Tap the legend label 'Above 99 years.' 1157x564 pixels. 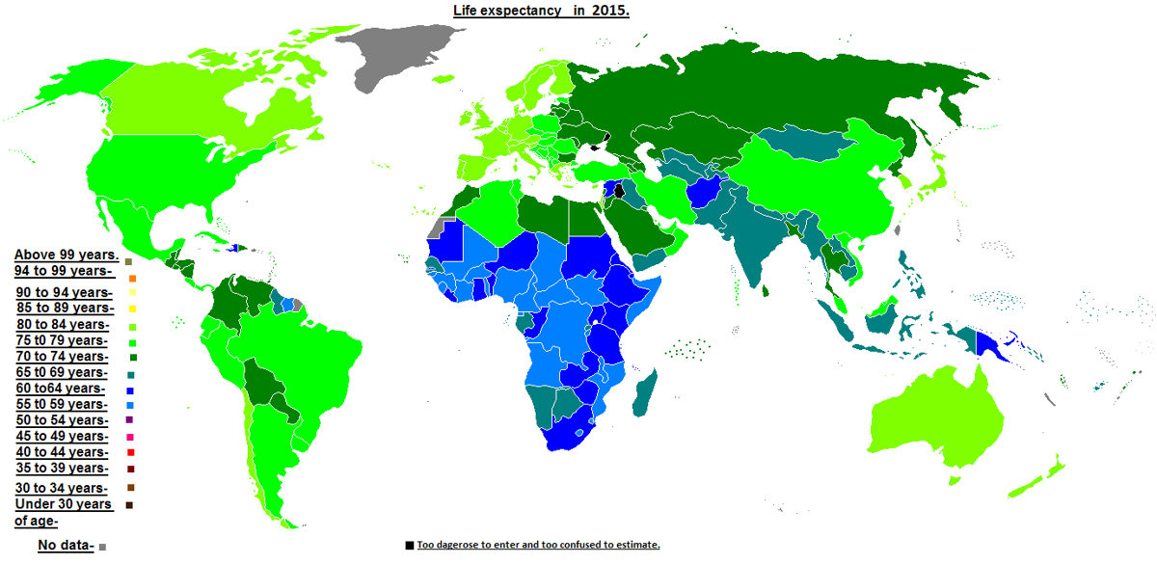[66, 255]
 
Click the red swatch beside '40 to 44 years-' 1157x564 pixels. [130, 452]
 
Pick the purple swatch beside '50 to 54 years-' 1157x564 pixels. [130, 420]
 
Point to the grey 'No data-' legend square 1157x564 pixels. [102, 548]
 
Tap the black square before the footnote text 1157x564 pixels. [410, 546]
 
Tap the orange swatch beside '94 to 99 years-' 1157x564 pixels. [130, 279]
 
